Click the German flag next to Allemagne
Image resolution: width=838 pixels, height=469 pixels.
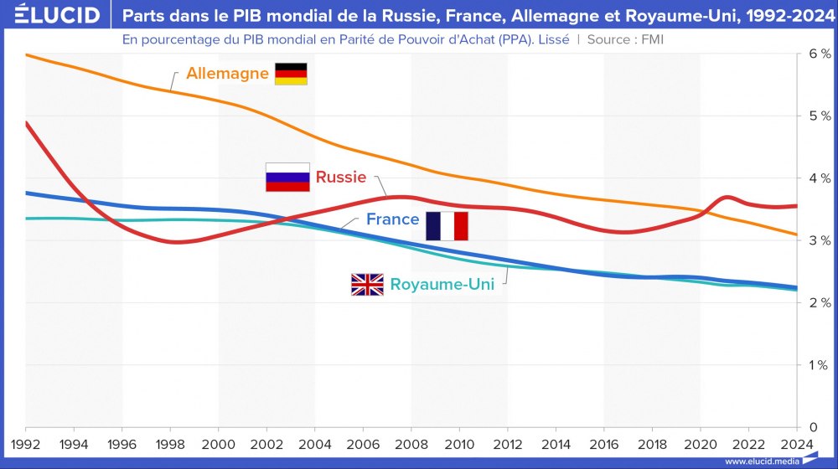pyautogui.click(x=292, y=74)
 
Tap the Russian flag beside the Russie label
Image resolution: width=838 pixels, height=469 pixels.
pyautogui.click(x=287, y=178)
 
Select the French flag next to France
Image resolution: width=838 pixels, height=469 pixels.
pyautogui.click(x=447, y=226)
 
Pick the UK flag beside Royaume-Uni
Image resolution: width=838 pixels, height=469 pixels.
pyautogui.click(x=367, y=285)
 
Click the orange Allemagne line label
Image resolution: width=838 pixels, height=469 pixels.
pyautogui.click(x=227, y=74)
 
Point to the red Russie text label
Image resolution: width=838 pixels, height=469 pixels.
pyautogui.click(x=341, y=178)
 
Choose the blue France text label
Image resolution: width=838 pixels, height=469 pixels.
pyautogui.click(x=392, y=219)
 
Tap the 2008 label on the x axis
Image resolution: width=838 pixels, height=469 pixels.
pyautogui.click(x=411, y=444)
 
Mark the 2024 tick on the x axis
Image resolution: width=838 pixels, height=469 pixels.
pyautogui.click(x=796, y=444)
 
